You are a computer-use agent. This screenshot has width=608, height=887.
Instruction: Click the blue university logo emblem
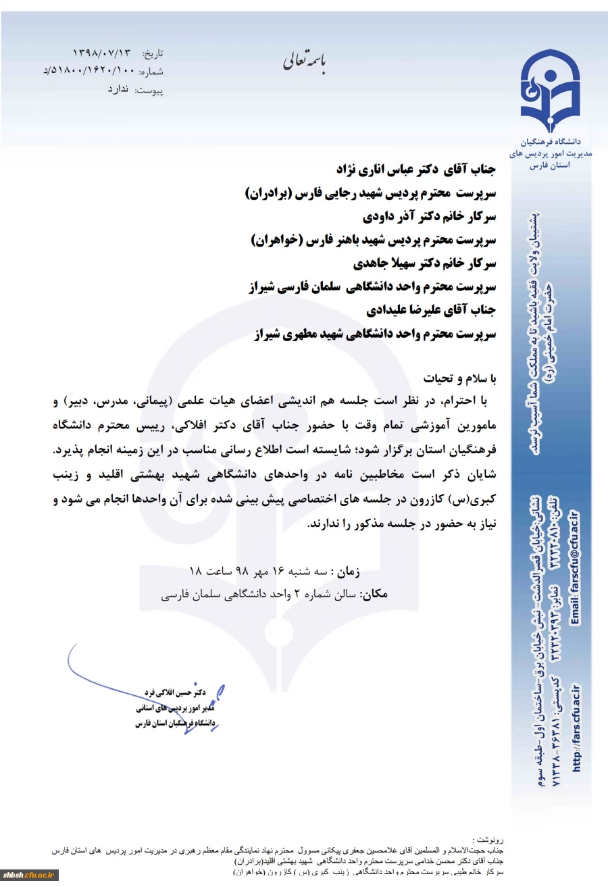tap(549, 91)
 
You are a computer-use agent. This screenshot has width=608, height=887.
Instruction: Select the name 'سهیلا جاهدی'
tap(384, 263)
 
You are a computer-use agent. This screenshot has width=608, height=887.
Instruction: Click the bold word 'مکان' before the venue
tap(375, 595)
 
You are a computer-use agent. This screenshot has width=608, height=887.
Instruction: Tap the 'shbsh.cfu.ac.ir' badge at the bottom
tap(30, 876)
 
